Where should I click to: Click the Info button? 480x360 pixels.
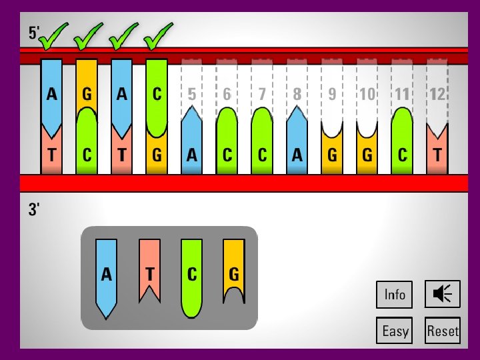coord(395,294)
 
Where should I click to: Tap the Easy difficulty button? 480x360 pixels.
coord(395,331)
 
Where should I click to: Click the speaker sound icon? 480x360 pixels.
coord(443,294)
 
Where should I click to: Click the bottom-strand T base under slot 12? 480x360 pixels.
coord(437,155)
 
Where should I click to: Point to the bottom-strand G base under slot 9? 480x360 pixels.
coord(332,155)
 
